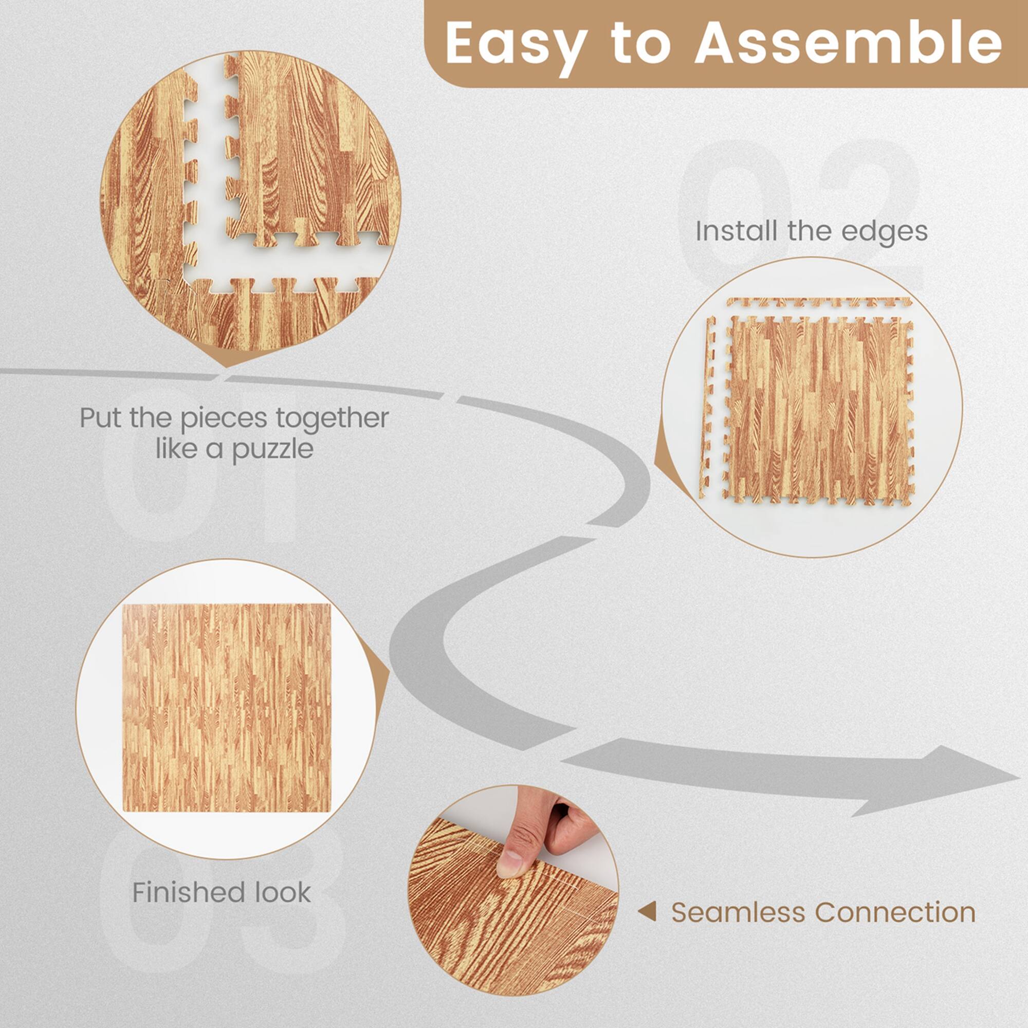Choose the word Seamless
(x=740, y=912)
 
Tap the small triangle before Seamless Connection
(x=648, y=912)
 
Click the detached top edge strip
(x=819, y=302)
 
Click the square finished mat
(x=227, y=708)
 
